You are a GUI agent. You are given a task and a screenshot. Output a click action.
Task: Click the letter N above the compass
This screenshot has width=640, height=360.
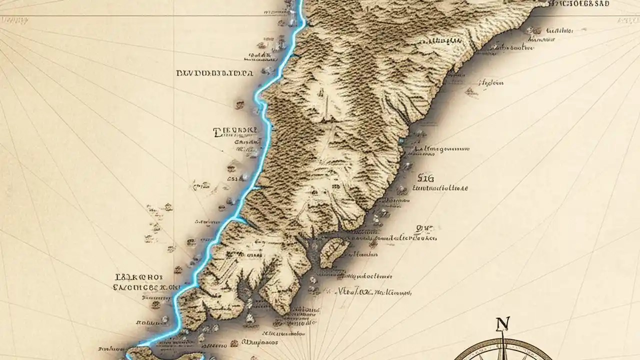[501, 324]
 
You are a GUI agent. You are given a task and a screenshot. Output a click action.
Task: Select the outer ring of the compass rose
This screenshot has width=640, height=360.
[467, 350]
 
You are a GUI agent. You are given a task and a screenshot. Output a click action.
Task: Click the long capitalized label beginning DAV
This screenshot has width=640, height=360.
[214, 73]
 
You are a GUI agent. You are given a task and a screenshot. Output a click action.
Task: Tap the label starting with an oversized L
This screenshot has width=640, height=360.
[235, 131]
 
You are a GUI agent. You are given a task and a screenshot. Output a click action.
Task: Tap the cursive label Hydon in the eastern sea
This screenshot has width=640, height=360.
[491, 83]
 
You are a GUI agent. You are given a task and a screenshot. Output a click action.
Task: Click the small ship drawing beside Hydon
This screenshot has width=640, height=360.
[470, 91]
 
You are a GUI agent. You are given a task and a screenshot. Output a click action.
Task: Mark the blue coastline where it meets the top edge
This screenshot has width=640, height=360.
[300, 2]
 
